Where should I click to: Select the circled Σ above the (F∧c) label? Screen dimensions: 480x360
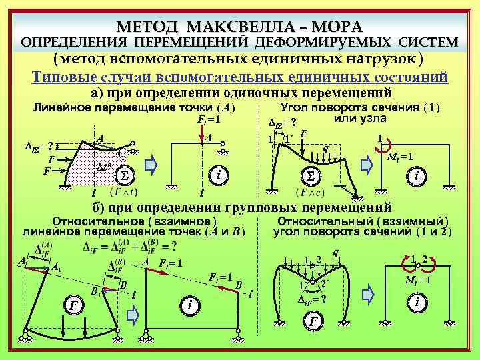coord(310,176)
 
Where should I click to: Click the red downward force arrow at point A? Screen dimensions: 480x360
coord(201,130)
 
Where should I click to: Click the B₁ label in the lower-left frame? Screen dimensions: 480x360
coord(96,291)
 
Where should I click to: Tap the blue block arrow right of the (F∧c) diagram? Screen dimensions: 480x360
coord(365,163)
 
